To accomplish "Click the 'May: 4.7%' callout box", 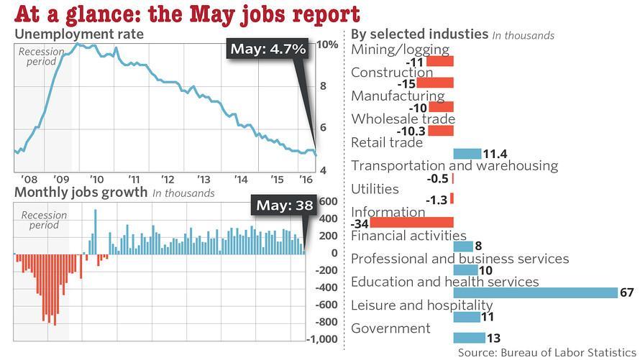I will pyautogui.click(x=268, y=49).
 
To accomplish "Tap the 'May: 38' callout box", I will pyautogui.click(x=285, y=206).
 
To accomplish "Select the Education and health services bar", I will pyautogui.click(x=536, y=292).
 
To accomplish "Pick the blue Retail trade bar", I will pyautogui.click(x=467, y=153).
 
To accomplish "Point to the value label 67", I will pyautogui.click(x=628, y=292).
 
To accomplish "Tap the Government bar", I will pyautogui.click(x=467, y=338).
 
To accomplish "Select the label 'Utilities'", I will pyautogui.click(x=375, y=189).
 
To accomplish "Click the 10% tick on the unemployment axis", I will pyautogui.click(x=328, y=45).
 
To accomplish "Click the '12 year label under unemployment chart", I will pyautogui.click(x=168, y=180).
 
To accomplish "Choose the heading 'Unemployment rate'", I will pyautogui.click(x=79, y=34).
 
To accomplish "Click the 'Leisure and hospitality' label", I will pyautogui.click(x=421, y=305).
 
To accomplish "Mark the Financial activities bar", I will pyautogui.click(x=463, y=246).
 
